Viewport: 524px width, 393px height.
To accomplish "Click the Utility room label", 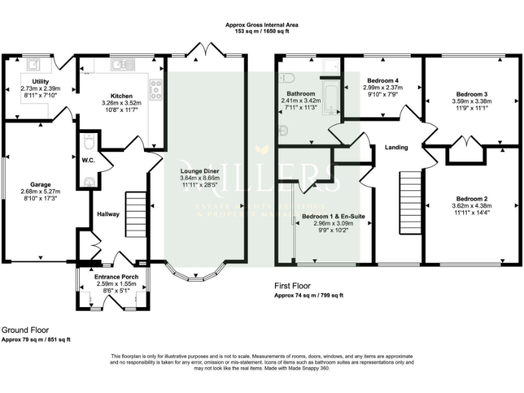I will (x=31, y=81).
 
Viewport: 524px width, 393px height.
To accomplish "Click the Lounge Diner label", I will (x=199, y=171).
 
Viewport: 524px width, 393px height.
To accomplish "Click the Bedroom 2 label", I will (x=470, y=199).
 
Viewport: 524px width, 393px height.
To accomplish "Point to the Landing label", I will (x=396, y=147).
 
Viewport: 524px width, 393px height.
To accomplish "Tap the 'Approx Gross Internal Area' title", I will (x=262, y=25).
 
